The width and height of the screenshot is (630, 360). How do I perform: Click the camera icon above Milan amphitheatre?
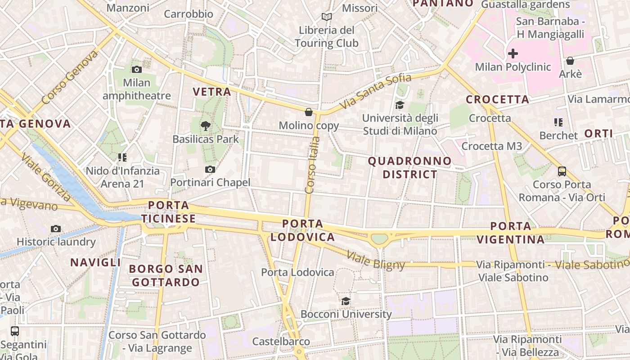point(137,69)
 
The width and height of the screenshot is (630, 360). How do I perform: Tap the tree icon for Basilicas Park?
point(206,126)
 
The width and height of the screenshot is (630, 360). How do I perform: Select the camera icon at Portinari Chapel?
point(210,169)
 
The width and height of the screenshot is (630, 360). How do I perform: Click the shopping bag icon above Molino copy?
point(309,112)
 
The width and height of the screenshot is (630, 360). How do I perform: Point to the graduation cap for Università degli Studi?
point(399,105)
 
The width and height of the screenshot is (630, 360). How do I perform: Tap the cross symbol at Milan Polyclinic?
point(513,54)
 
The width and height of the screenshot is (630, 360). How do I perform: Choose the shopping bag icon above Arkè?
point(570,61)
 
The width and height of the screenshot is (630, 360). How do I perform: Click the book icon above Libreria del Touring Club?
point(327,17)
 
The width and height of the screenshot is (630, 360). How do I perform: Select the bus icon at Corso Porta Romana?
point(562,171)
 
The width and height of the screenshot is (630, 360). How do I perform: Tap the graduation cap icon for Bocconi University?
point(346,301)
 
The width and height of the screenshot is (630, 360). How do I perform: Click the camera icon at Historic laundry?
point(56,229)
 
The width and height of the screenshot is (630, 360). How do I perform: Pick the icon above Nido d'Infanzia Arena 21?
point(122,157)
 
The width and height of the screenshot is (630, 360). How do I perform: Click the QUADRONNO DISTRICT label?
point(409,167)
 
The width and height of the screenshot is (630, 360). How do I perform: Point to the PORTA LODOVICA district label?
point(302,230)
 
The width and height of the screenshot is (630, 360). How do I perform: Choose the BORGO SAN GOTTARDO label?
point(166,275)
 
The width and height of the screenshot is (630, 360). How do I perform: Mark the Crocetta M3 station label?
point(492,146)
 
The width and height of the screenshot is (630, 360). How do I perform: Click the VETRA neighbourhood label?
point(211,92)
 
